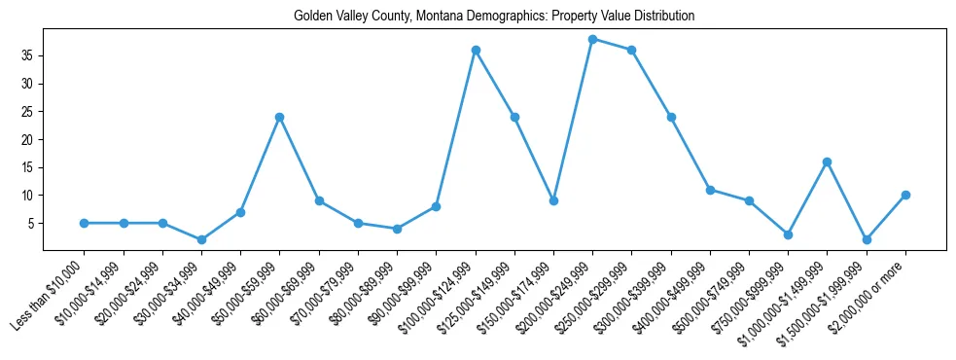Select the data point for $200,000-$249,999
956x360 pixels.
592,39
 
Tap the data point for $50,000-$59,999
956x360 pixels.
279,117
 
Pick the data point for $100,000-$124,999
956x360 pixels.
476,50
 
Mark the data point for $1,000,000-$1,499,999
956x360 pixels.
827,162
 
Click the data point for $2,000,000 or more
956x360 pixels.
905,195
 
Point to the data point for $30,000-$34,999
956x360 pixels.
201,239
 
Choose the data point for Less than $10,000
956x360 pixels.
85,223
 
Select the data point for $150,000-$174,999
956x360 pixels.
553,200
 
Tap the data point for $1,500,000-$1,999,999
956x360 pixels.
867,239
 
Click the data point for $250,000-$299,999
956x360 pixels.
631,50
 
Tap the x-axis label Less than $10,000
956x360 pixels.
50,292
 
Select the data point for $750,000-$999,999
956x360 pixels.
788,234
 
